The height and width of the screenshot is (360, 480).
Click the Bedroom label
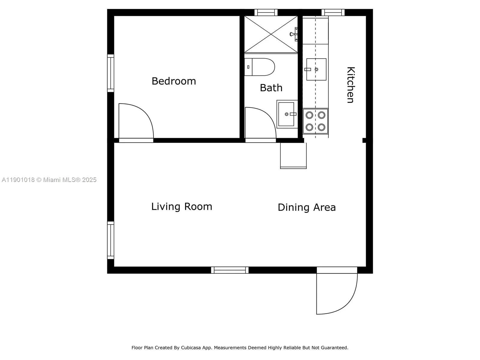[x=174, y=81]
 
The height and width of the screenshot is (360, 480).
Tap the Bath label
[x=271, y=88]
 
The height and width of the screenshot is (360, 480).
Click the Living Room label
[x=181, y=207]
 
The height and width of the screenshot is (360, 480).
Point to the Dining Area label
[x=307, y=207]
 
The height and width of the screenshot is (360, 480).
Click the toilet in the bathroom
[x=260, y=67]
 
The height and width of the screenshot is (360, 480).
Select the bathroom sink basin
[x=286, y=114]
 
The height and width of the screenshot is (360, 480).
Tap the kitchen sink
[x=316, y=69]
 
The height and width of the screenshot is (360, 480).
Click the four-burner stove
[x=315, y=121]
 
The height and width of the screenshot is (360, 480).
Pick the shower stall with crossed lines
[x=271, y=35]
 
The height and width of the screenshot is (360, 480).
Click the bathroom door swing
[x=260, y=123]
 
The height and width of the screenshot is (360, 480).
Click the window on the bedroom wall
[x=111, y=73]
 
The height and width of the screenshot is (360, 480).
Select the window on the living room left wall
[x=111, y=240]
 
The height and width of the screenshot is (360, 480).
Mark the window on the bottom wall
[x=230, y=270]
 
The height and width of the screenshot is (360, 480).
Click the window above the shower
[x=266, y=12]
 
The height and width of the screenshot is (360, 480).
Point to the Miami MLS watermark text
[x=49, y=180]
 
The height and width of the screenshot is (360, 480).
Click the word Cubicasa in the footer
[x=191, y=348]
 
